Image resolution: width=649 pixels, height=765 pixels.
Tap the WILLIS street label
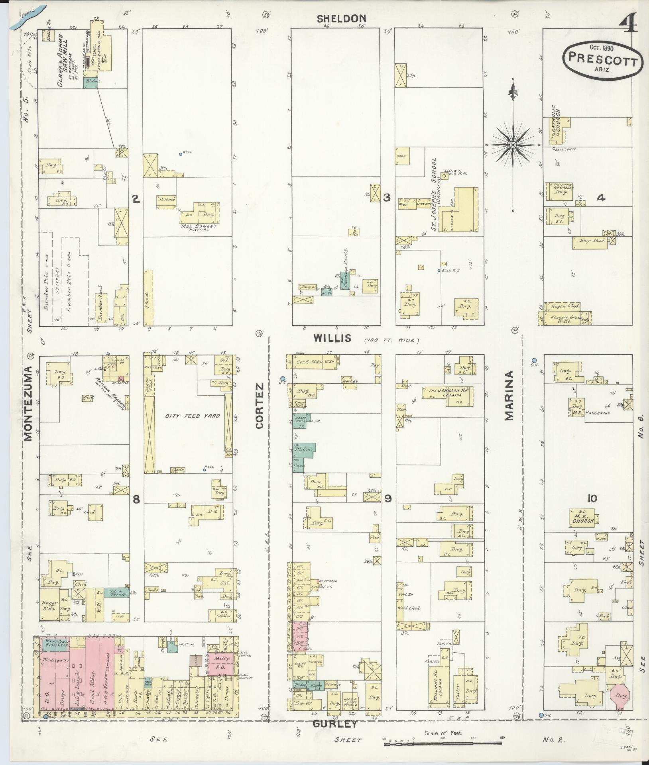332,338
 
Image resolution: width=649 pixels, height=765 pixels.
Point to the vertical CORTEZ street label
260,406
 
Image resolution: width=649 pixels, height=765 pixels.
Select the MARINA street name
509,396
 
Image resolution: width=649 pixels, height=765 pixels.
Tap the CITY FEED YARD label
193,416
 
